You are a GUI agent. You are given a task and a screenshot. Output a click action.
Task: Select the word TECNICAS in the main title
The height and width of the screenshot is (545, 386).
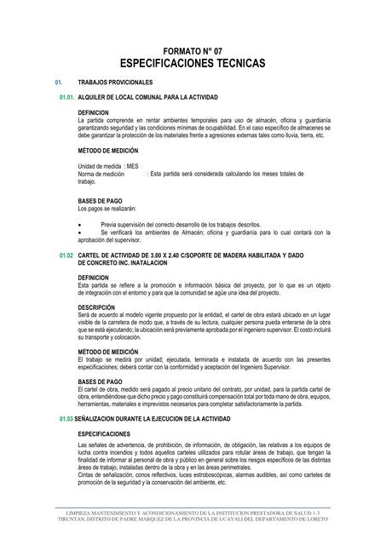click(x=239, y=64)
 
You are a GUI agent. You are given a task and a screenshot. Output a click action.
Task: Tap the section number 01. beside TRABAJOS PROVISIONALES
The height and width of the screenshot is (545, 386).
click(x=59, y=83)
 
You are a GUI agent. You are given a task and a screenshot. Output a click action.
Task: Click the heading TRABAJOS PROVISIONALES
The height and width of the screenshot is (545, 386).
click(x=114, y=83)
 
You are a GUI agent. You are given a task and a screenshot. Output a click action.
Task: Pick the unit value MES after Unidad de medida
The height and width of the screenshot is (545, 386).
click(x=133, y=165)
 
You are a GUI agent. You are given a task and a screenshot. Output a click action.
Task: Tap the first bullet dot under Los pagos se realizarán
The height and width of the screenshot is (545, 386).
click(x=79, y=223)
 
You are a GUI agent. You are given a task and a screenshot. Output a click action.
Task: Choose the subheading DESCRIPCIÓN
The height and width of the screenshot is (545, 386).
click(x=96, y=307)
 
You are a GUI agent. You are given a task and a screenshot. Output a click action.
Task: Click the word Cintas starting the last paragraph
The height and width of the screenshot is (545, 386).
click(x=86, y=474)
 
